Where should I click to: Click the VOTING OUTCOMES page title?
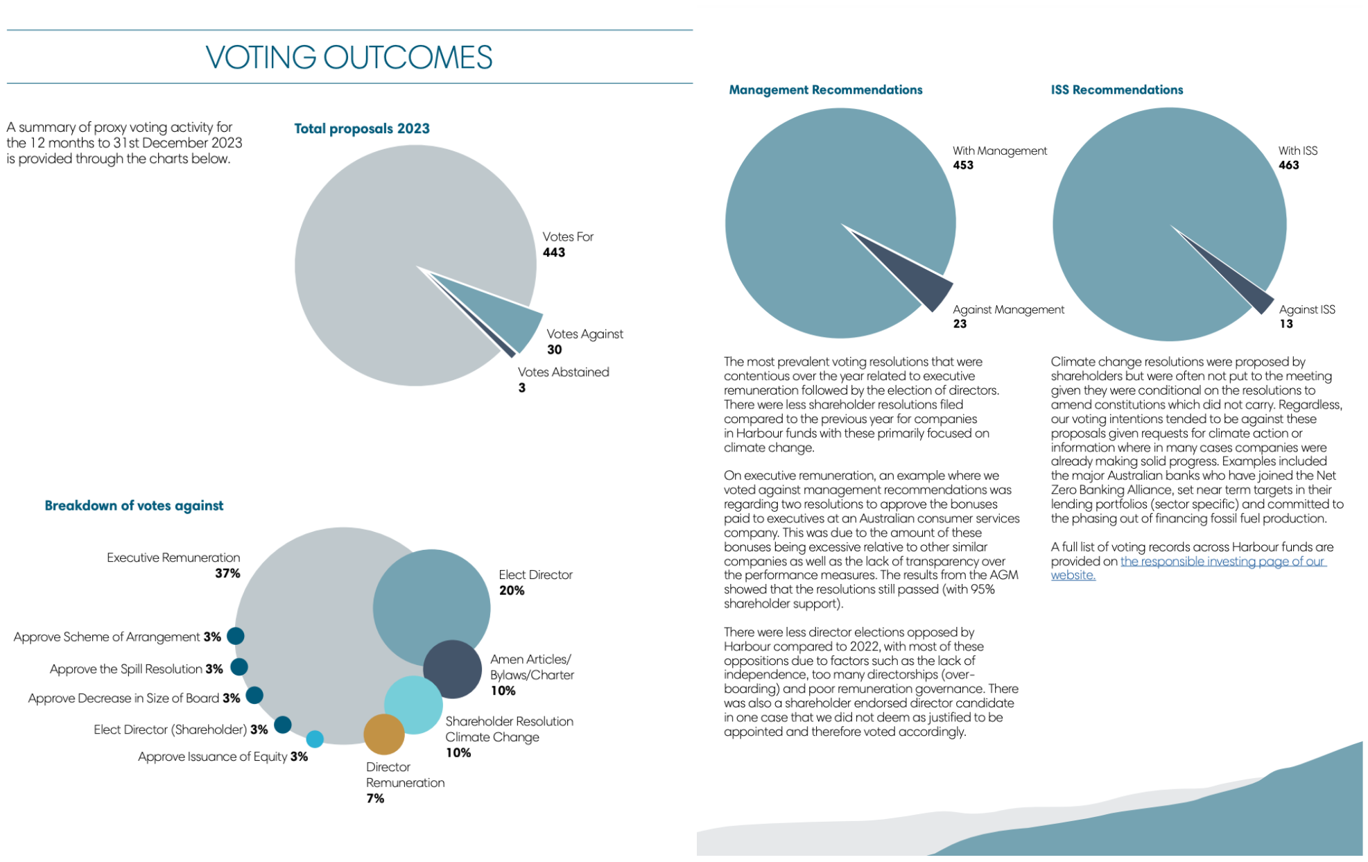point(349,58)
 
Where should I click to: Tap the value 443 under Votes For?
point(553,252)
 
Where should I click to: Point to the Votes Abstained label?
point(563,372)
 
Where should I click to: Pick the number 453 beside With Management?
point(962,165)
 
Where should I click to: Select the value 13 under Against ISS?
point(1285,324)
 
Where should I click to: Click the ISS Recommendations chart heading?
point(1116,90)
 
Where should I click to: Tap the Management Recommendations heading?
point(825,90)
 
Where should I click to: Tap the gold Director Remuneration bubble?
point(383,734)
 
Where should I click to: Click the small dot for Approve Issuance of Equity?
point(315,739)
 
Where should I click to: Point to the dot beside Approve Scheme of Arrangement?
point(236,636)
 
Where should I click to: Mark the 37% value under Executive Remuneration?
point(227,574)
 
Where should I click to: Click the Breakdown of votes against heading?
point(134,506)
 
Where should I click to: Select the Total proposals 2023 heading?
point(361,129)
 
